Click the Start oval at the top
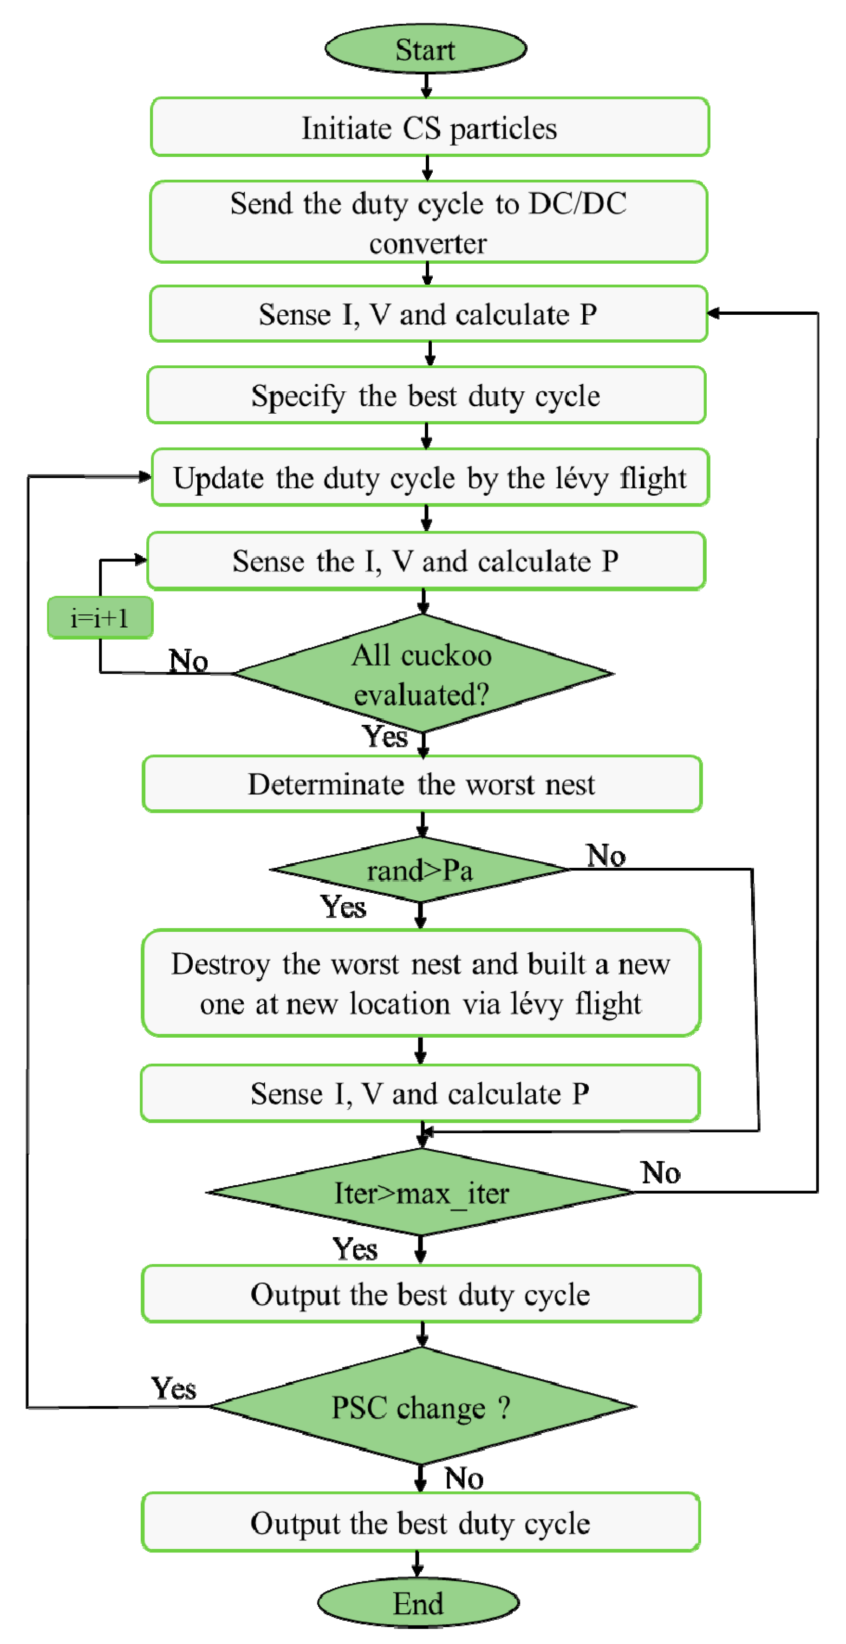click(425, 49)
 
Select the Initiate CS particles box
click(429, 127)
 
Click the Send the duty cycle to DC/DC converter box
click(429, 222)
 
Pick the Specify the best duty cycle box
click(426, 395)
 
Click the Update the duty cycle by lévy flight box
click(430, 477)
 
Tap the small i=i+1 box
click(100, 617)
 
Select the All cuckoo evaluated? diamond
click(422, 673)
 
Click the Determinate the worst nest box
click(422, 784)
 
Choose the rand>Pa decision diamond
click(419, 869)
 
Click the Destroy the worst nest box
click(421, 983)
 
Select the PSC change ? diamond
click(422, 1406)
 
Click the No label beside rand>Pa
click(606, 855)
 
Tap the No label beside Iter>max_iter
click(660, 1172)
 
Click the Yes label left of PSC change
click(173, 1388)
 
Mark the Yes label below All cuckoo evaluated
click(385, 736)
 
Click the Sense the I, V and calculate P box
click(425, 561)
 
